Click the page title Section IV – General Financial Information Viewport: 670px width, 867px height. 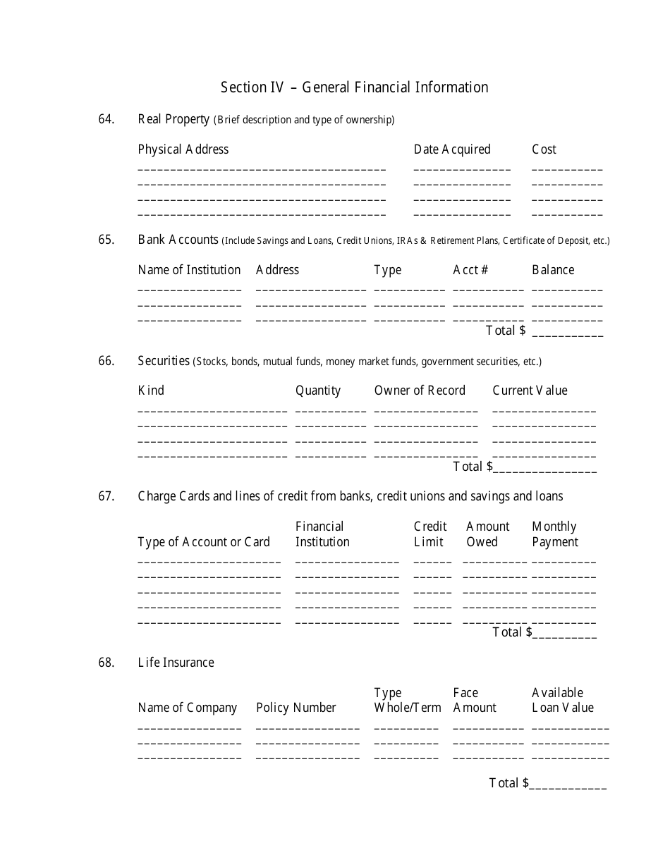click(x=354, y=87)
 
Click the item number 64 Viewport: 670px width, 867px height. click(x=106, y=119)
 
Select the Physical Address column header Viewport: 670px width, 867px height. click(x=183, y=149)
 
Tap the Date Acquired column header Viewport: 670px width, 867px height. click(x=451, y=149)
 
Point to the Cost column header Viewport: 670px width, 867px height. click(x=544, y=149)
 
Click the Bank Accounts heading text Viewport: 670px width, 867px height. click(x=178, y=240)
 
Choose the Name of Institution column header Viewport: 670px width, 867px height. click(x=189, y=270)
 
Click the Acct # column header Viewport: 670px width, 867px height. click(x=470, y=270)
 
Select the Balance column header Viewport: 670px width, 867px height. click(x=553, y=270)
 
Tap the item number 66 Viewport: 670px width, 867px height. click(x=106, y=361)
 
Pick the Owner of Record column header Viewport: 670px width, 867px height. click(x=420, y=391)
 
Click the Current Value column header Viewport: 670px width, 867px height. click(x=530, y=391)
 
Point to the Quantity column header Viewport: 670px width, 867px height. click(x=318, y=391)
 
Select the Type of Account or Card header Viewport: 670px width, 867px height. click(x=204, y=542)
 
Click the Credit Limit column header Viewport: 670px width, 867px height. click(x=430, y=534)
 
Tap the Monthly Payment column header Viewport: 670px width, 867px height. click(x=554, y=534)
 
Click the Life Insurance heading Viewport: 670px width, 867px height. click(x=176, y=663)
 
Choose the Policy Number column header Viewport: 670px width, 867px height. click(x=296, y=708)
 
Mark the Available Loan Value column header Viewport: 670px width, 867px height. click(x=562, y=700)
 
